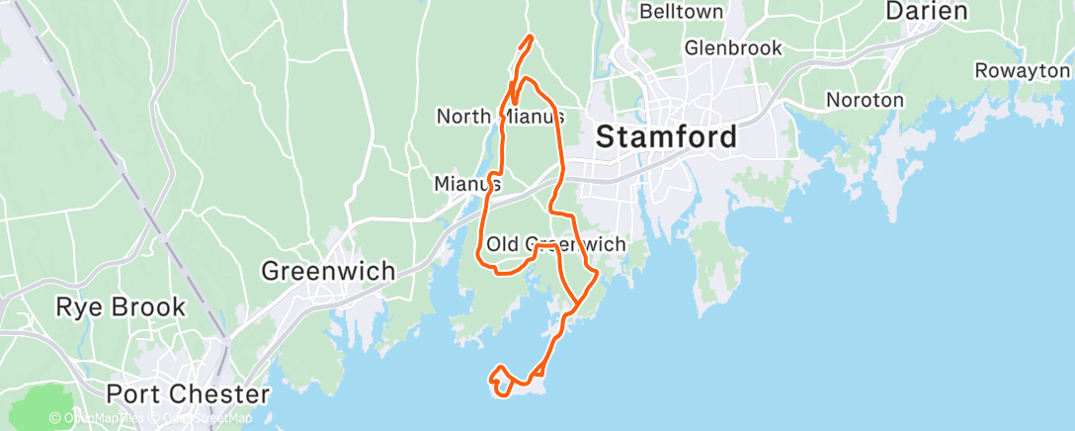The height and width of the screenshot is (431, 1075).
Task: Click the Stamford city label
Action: coord(667,137)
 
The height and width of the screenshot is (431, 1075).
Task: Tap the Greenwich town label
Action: coord(328,270)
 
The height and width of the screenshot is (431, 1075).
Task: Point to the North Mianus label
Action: coord(501,117)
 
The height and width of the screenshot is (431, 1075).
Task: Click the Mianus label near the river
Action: coord(467,184)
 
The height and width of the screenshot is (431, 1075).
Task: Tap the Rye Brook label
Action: coord(121,306)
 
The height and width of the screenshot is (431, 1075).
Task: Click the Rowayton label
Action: coord(1022,70)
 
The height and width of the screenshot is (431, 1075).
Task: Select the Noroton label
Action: coord(865,100)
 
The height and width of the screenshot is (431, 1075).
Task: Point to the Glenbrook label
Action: coord(732,47)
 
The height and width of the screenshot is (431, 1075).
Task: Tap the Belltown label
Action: coord(682,12)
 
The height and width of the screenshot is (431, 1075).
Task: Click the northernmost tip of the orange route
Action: coord(533,37)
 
